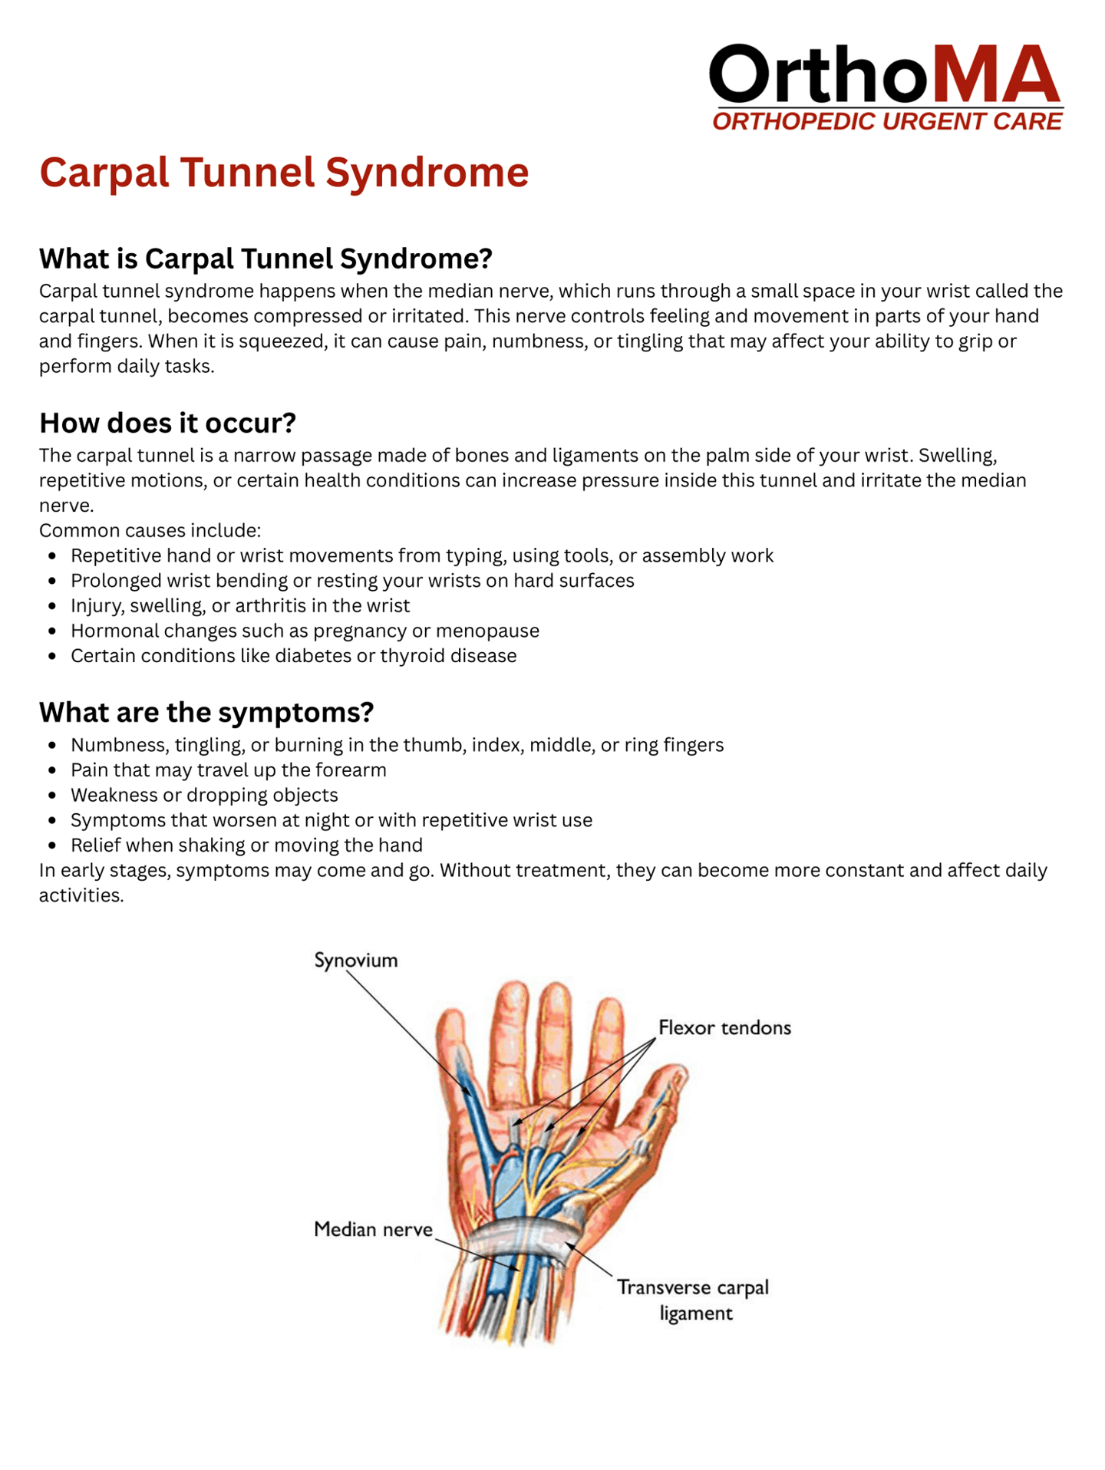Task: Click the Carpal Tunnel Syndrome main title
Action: (284, 172)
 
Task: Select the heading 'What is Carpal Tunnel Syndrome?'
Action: (266, 259)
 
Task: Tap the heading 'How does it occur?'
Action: (167, 423)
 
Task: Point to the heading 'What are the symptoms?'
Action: (206, 712)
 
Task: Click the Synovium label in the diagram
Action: (356, 961)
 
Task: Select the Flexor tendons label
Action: (724, 1027)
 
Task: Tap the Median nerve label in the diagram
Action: (373, 1229)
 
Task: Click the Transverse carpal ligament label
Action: (693, 1300)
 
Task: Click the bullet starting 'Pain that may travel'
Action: (228, 770)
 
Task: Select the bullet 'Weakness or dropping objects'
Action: (204, 795)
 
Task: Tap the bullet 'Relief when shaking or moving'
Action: (246, 845)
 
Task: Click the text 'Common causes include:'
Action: (150, 530)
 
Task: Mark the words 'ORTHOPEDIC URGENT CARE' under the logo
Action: (887, 121)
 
